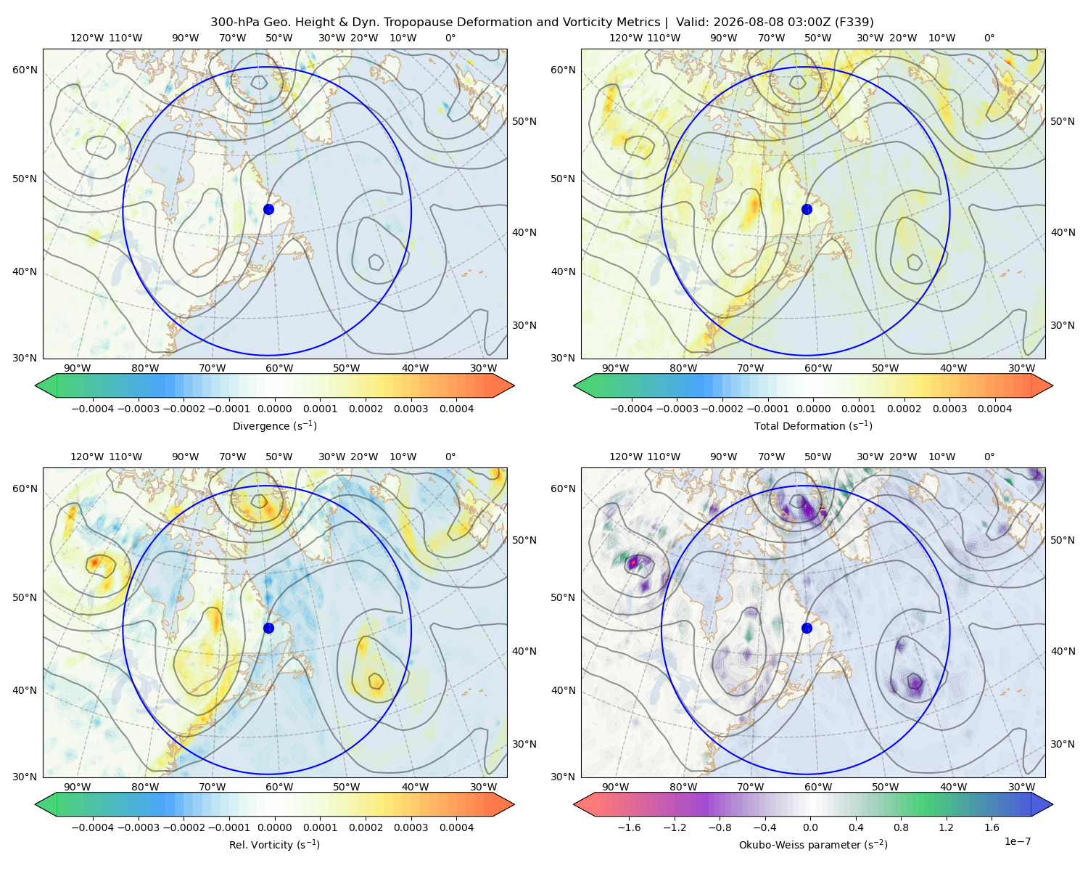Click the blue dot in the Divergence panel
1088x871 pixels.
click(268, 209)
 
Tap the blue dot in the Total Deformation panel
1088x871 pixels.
click(807, 209)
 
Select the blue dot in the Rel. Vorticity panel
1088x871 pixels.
click(268, 628)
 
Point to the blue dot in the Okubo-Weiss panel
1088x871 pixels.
click(807, 628)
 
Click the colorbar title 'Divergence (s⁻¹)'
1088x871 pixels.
click(274, 425)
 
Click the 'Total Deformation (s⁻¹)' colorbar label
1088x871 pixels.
click(813, 425)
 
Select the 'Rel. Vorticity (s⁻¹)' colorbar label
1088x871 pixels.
click(274, 844)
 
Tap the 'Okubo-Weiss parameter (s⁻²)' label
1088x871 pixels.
click(813, 844)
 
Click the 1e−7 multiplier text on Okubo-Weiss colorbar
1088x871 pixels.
click(1017, 841)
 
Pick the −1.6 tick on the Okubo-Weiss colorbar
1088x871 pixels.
click(629, 827)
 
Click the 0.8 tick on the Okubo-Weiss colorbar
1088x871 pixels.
click(901, 827)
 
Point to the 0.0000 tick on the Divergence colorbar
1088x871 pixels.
click(274, 409)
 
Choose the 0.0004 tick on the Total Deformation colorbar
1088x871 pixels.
click(994, 409)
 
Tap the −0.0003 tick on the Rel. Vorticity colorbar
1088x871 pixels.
click(138, 827)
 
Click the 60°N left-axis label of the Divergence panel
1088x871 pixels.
click(25, 70)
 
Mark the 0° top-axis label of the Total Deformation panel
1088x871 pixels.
click(989, 38)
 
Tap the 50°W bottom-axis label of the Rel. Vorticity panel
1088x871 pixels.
click(346, 787)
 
